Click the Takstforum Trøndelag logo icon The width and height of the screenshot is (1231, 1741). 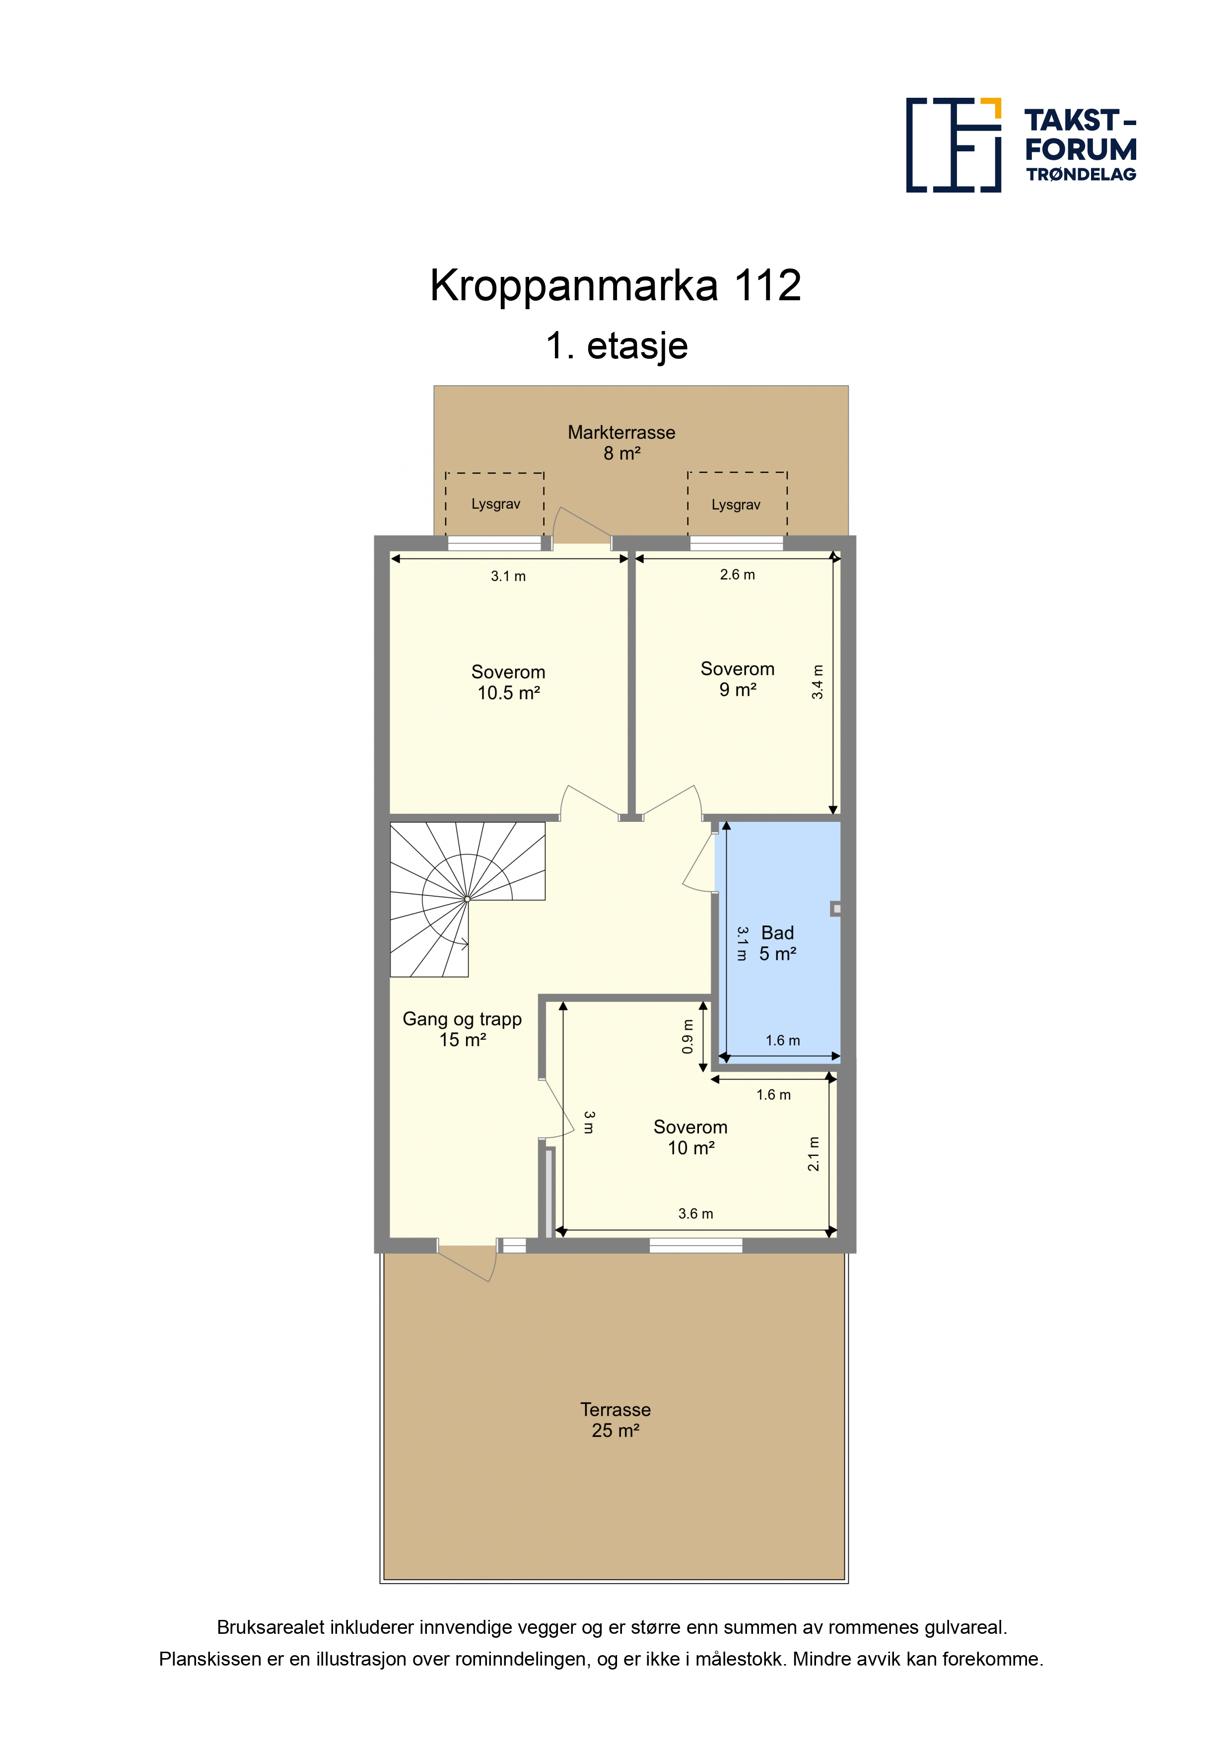pyautogui.click(x=954, y=145)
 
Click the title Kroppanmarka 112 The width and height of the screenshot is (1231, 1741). pyautogui.click(x=615, y=286)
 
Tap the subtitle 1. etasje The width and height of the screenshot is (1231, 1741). pyautogui.click(x=616, y=346)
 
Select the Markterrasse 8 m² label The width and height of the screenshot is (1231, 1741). pyautogui.click(x=621, y=443)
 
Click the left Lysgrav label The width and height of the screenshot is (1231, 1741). pyautogui.click(x=495, y=504)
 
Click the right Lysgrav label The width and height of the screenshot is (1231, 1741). pyautogui.click(x=735, y=505)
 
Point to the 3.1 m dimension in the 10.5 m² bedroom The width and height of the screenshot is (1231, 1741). pyautogui.click(x=508, y=576)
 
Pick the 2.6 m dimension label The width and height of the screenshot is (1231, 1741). pyautogui.click(x=737, y=575)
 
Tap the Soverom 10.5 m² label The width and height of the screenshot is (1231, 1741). pyautogui.click(x=508, y=682)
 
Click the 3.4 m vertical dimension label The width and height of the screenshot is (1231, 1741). pyautogui.click(x=817, y=682)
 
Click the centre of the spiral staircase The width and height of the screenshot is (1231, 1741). pyautogui.click(x=467, y=899)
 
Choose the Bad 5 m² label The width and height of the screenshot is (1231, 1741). pyautogui.click(x=777, y=943)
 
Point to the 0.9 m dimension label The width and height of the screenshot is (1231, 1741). pyautogui.click(x=687, y=1037)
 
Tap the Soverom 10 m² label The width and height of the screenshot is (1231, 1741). pyautogui.click(x=690, y=1138)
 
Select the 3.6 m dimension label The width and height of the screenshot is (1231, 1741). pyautogui.click(x=695, y=1214)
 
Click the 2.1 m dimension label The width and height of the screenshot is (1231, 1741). pyautogui.click(x=813, y=1154)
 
